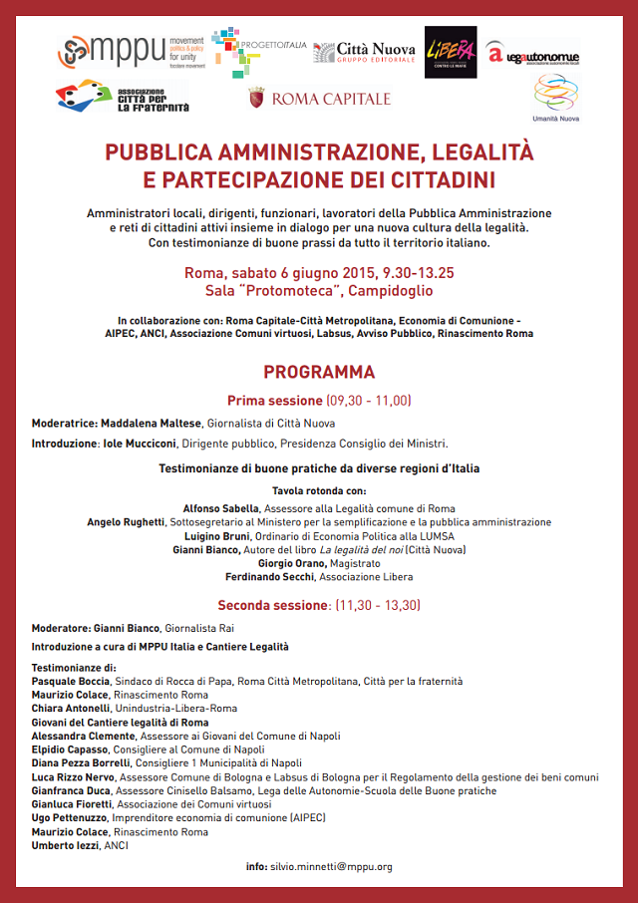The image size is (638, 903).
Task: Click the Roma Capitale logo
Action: [319, 99]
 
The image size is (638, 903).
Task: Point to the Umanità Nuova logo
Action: [555, 98]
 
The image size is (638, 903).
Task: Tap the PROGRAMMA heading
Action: [319, 372]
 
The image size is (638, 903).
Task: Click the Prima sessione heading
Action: [275, 401]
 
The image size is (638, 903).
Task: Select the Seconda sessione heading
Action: [275, 604]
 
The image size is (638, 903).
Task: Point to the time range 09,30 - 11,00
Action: [368, 401]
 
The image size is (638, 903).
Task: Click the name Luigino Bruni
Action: [235, 535]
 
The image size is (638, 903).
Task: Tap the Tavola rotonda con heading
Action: [319, 491]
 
